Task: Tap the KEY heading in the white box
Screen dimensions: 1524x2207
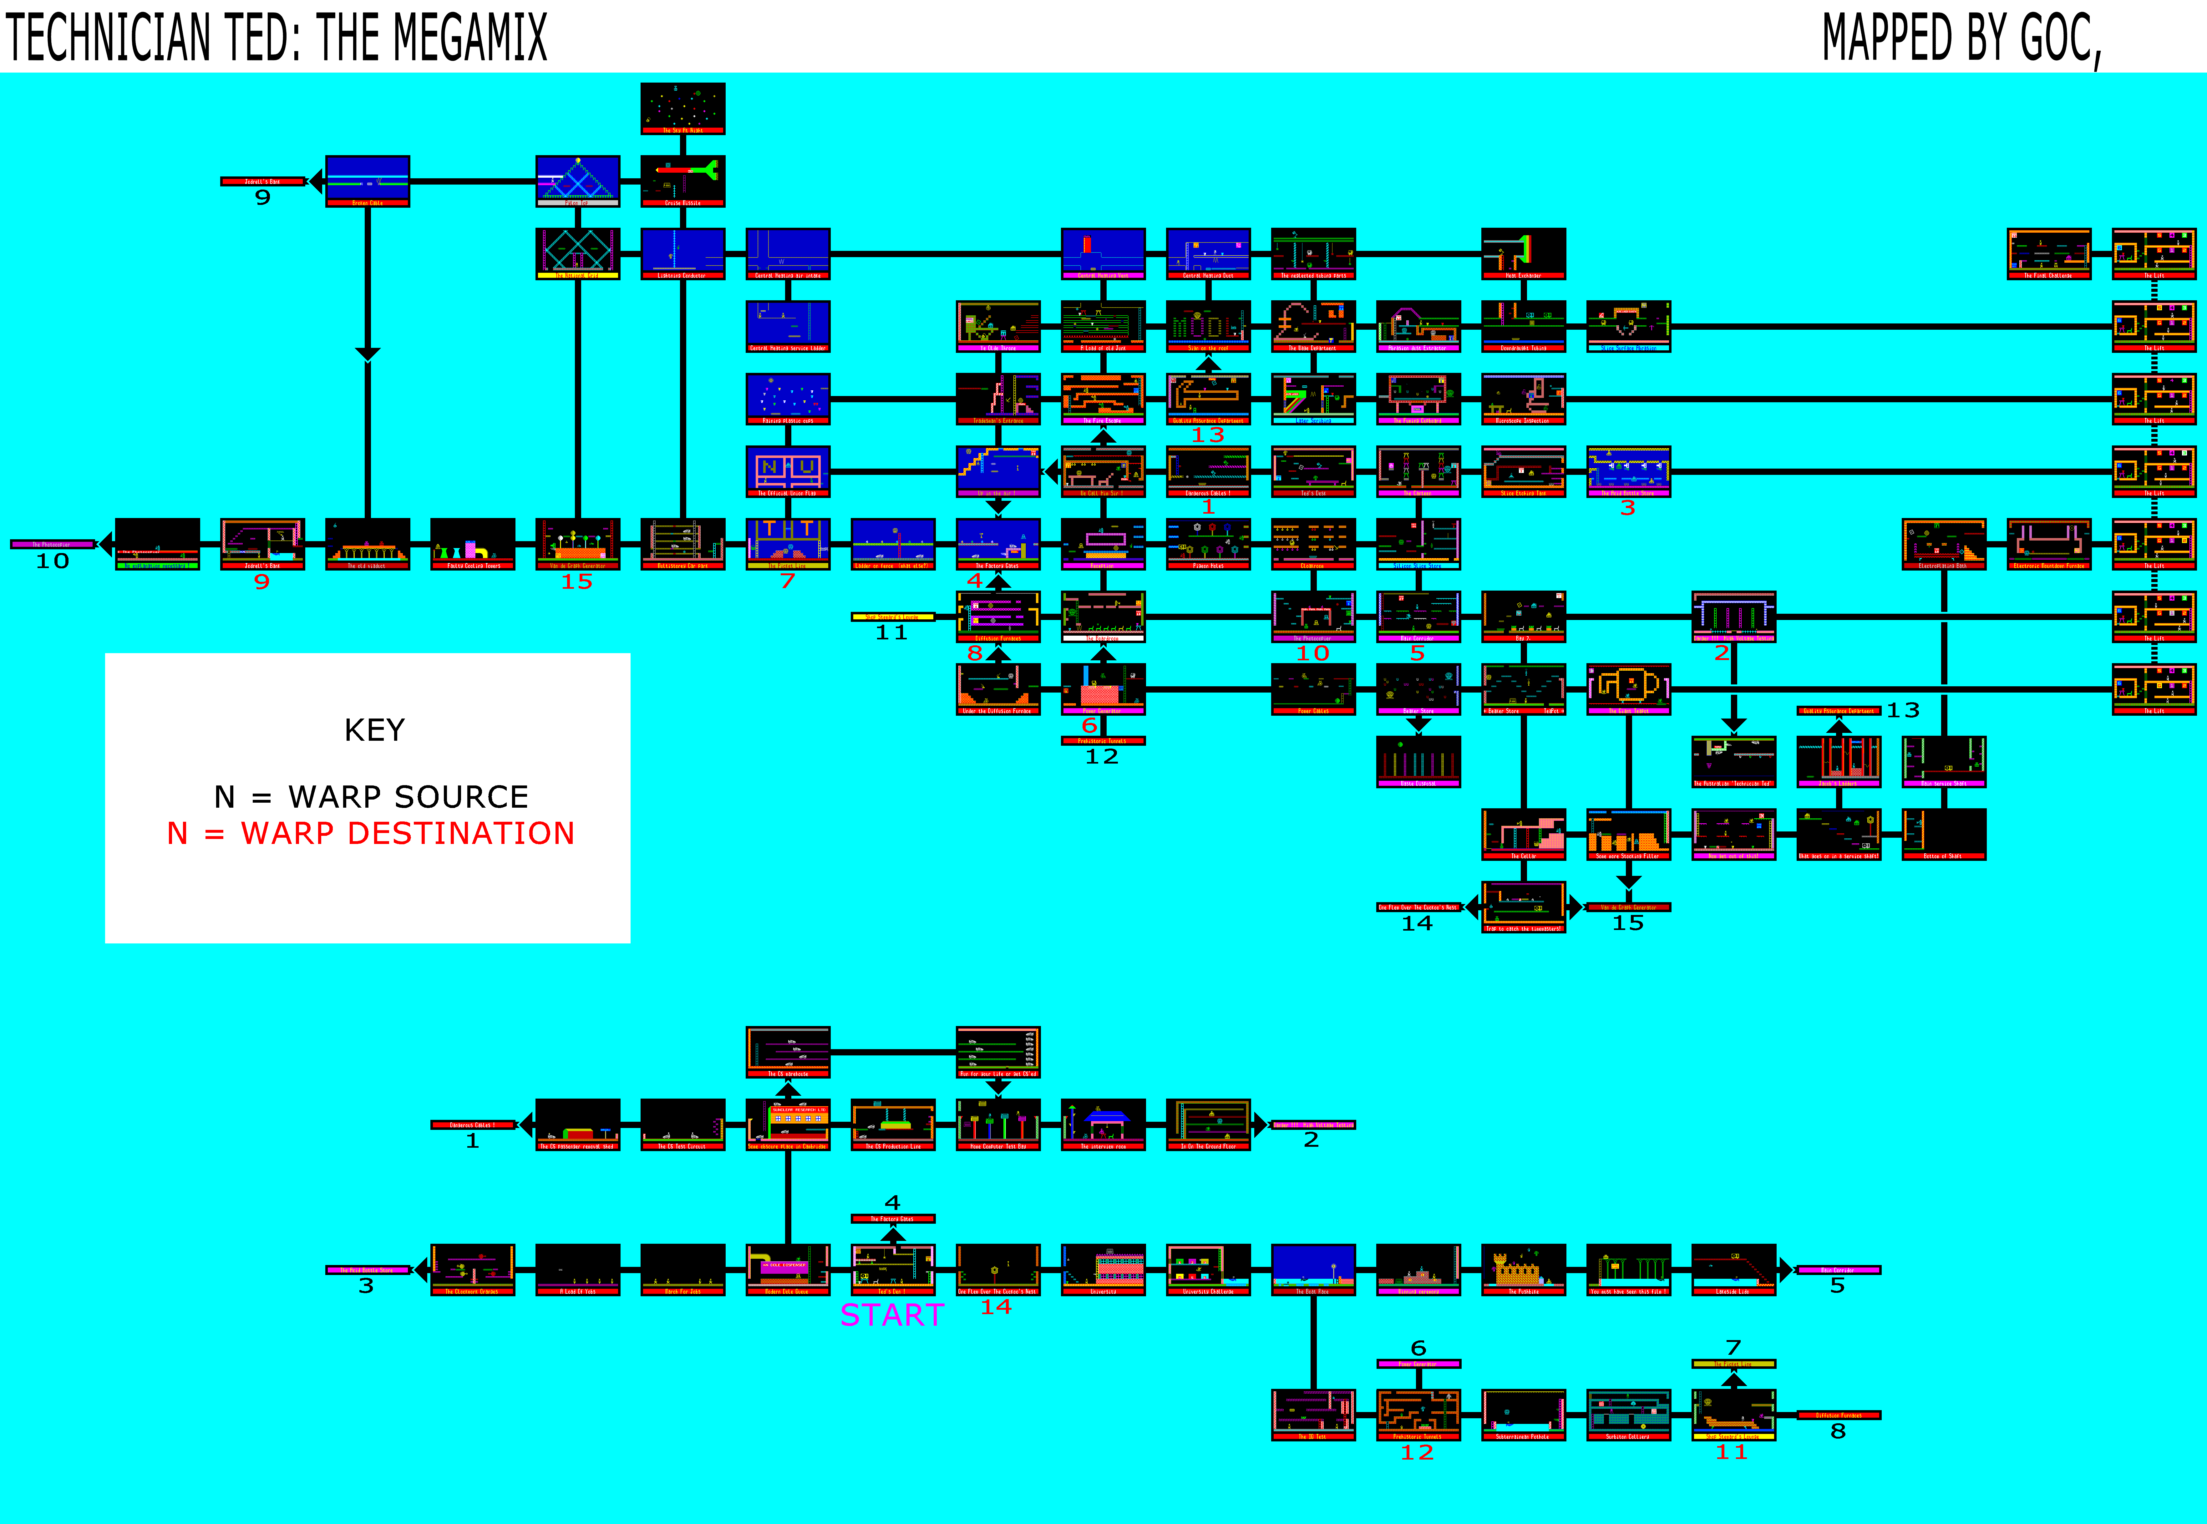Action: pos(374,730)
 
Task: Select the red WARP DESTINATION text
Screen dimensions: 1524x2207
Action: pos(408,834)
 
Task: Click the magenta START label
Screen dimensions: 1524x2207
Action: pos(891,1316)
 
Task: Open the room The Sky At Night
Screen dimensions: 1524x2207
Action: pos(682,108)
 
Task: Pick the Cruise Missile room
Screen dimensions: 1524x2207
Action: pos(682,180)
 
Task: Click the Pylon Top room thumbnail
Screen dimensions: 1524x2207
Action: pos(577,180)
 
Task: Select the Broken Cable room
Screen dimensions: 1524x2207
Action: pos(368,180)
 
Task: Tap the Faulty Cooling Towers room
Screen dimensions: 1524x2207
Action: pos(473,543)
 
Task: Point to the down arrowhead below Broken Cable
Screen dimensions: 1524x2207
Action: pos(368,354)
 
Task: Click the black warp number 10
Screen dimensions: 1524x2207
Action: pos(53,561)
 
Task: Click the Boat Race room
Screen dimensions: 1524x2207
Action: pos(1312,1269)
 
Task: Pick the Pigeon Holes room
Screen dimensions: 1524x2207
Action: pos(1208,543)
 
